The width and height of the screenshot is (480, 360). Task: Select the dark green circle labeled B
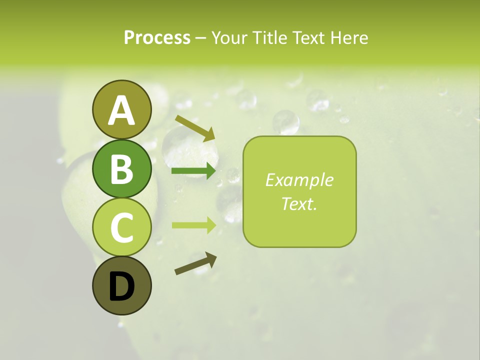pyautogui.click(x=121, y=168)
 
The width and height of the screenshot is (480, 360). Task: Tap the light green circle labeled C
pyautogui.click(x=121, y=227)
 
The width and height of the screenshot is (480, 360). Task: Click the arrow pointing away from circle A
pyautogui.click(x=195, y=127)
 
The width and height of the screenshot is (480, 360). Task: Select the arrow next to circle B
pyautogui.click(x=193, y=171)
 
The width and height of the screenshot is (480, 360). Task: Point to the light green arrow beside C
pyautogui.click(x=194, y=225)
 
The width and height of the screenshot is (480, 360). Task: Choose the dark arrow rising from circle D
pyautogui.click(x=195, y=263)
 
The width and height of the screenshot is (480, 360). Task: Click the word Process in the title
pyautogui.click(x=157, y=37)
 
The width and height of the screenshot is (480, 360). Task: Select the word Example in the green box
pyautogui.click(x=299, y=180)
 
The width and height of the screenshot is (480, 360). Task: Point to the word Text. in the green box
pyautogui.click(x=299, y=203)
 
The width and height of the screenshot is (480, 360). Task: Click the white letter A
pyautogui.click(x=121, y=111)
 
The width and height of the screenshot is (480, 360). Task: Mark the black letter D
pyautogui.click(x=121, y=287)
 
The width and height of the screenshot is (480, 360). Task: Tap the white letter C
pyautogui.click(x=121, y=228)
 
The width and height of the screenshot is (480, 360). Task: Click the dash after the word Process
pyautogui.click(x=201, y=38)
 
